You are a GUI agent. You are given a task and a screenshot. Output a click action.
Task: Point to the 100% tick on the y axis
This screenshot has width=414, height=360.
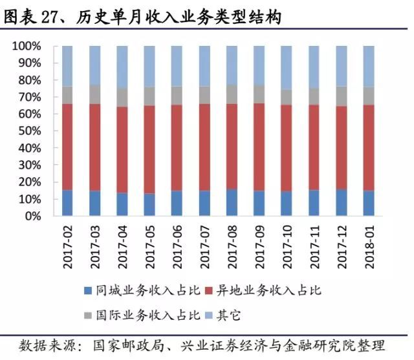(27, 47)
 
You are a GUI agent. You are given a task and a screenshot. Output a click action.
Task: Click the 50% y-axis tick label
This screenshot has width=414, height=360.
(29, 131)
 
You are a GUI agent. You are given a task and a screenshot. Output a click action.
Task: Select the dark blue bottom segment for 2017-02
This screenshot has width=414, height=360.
(68, 203)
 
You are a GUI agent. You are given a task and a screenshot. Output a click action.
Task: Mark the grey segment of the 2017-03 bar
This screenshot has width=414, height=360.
(95, 95)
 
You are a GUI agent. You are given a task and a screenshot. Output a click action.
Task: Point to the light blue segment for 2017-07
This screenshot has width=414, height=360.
(205, 66)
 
